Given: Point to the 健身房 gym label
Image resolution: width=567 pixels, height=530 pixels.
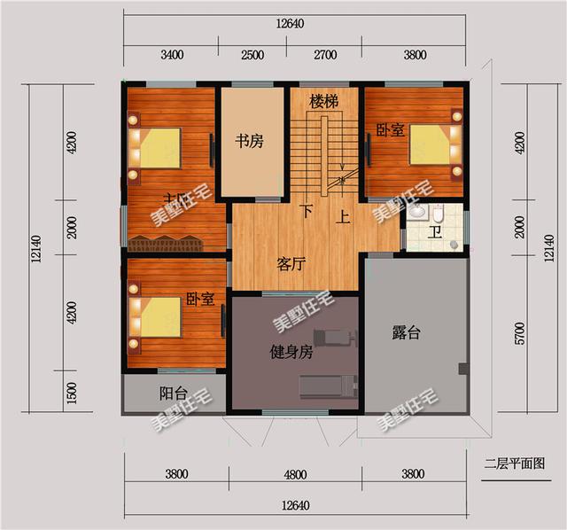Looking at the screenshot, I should click(291, 352).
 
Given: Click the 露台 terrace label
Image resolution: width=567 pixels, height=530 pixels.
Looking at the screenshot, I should click(407, 333).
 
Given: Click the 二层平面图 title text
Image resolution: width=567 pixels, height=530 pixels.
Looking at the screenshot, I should click(513, 462).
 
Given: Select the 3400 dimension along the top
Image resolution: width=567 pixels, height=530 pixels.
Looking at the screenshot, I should click(172, 54).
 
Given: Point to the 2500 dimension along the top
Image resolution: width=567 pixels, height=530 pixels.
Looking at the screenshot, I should click(252, 54).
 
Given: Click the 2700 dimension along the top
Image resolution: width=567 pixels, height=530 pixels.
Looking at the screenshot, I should click(325, 54).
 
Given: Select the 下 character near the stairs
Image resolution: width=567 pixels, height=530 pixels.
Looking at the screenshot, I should click(307, 211).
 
